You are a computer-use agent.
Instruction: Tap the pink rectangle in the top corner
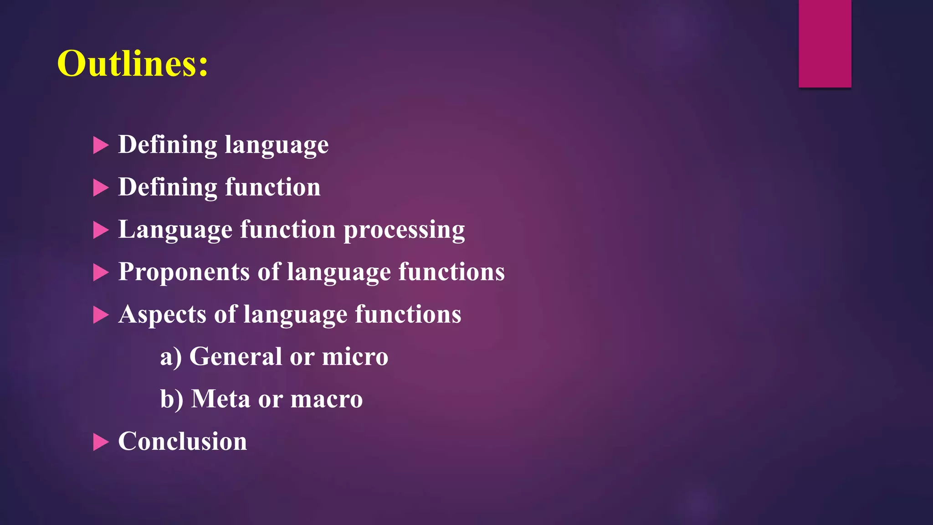point(825,43)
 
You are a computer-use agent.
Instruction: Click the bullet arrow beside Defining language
point(100,145)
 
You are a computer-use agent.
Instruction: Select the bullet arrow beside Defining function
point(100,188)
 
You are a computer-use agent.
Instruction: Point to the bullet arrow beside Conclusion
point(100,442)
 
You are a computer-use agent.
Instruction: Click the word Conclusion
point(182,441)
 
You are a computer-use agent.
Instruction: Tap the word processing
point(404,230)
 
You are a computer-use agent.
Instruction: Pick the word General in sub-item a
point(236,356)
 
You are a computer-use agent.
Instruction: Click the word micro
point(355,356)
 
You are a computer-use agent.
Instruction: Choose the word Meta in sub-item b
point(220,399)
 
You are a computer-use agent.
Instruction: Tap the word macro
point(326,399)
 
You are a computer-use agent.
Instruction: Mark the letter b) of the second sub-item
point(171,399)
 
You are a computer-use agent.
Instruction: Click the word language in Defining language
point(277,145)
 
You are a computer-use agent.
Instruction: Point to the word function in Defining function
point(272,187)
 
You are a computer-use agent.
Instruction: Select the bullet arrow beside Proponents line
point(100,273)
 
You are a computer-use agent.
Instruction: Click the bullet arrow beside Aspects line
point(100,315)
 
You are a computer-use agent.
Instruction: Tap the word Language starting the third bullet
point(175,230)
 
